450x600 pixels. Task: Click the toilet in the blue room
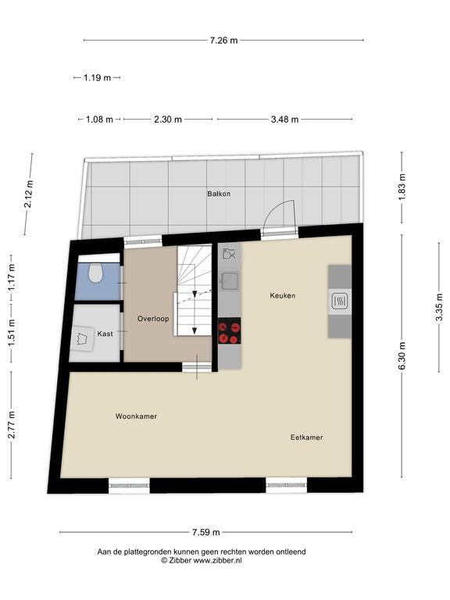(95, 273)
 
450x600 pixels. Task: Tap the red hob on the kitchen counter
(229, 330)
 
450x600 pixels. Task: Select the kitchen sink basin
(230, 281)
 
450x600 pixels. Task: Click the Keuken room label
(282, 295)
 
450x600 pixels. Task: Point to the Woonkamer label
(136, 416)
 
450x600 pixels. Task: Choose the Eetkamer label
(306, 437)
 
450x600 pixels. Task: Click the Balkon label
(219, 194)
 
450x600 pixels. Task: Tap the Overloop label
(153, 319)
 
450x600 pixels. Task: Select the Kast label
(105, 334)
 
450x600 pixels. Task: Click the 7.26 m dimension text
(223, 40)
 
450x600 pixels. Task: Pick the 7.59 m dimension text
(206, 532)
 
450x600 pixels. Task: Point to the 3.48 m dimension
(284, 120)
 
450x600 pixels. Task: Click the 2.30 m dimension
(168, 120)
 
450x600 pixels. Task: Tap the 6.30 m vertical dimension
(402, 356)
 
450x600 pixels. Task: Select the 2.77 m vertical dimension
(12, 425)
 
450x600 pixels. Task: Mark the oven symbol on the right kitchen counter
(340, 301)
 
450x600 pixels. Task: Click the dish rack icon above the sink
(229, 254)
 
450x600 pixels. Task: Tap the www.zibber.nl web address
(218, 561)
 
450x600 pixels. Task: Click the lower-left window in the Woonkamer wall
(130, 486)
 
